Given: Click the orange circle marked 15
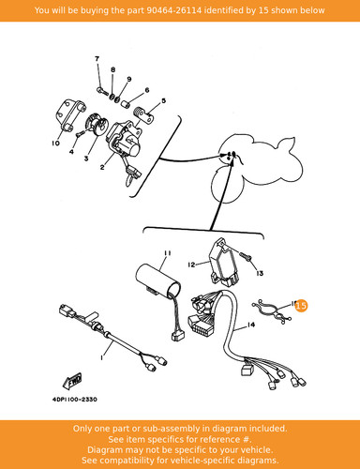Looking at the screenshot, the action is tap(301, 306).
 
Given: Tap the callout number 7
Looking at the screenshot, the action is tap(97, 58).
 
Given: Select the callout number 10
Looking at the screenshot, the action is tap(55, 144).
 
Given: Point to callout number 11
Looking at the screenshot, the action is tap(168, 252).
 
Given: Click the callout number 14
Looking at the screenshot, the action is tap(251, 325).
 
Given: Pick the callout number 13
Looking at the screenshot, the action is tap(260, 273).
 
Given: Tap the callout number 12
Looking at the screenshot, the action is tap(191, 265).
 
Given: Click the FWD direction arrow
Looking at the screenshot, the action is tap(72, 381).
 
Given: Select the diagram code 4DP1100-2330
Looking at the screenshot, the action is tap(75, 400).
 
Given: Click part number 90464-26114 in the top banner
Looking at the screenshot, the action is tap(174, 10).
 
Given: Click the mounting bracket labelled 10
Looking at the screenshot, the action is tap(71, 116).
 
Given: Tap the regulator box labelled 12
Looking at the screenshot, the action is tap(224, 263).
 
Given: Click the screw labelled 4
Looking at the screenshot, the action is tap(80, 133).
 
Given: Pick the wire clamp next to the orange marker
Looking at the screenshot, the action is tap(272, 310).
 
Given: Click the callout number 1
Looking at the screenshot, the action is tap(101, 357).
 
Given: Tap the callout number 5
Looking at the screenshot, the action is tap(163, 100).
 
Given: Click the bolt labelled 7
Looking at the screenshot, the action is tap(102, 91).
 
